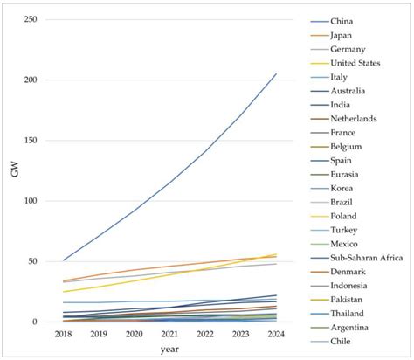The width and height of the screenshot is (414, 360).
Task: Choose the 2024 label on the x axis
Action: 276,333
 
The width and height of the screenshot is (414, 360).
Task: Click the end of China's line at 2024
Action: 276,73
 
